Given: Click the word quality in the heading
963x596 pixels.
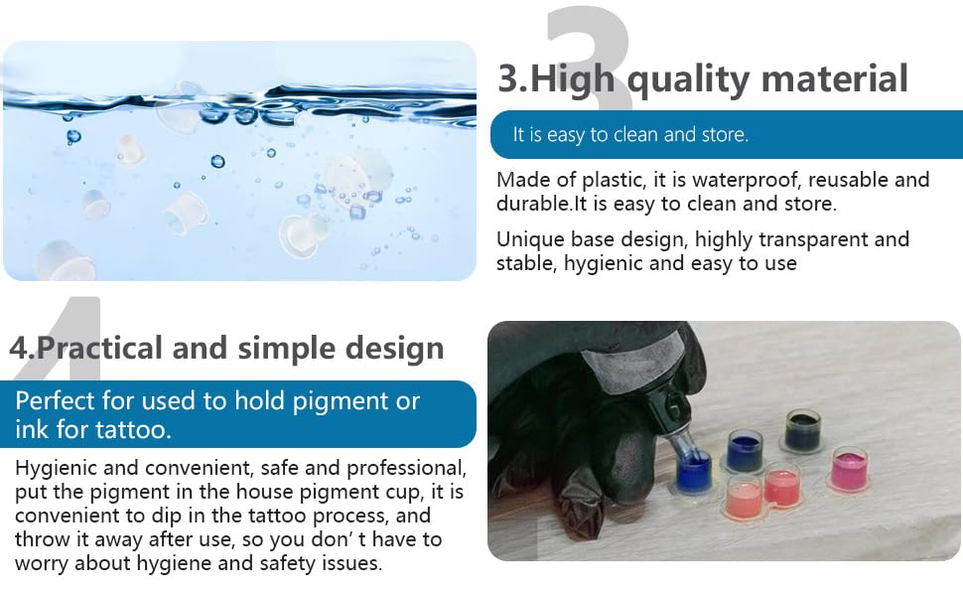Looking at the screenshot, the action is click(x=688, y=80).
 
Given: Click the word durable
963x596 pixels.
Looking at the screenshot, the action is click(x=533, y=204).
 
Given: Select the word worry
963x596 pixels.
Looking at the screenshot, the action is click(x=41, y=564).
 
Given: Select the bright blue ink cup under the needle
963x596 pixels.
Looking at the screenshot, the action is click(x=693, y=472).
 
